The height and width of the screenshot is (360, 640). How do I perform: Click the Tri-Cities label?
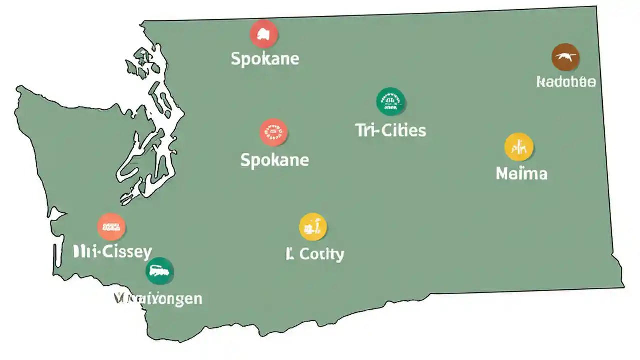coord(390,131)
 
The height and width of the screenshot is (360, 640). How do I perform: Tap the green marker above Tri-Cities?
coord(390,101)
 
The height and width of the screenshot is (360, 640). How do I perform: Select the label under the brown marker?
coord(566,82)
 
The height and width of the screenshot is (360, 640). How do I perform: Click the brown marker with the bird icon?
coord(566,57)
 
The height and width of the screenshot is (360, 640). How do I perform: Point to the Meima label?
coord(521,174)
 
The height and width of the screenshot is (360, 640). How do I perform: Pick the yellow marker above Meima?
coord(519,147)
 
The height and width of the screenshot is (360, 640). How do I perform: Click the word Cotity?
coord(322,254)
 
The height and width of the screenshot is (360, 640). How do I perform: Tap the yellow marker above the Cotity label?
coord(313,227)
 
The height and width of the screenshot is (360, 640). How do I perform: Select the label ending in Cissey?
coord(112,251)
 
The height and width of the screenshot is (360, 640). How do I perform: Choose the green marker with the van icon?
coord(160,271)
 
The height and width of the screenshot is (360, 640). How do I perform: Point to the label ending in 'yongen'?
coord(158,299)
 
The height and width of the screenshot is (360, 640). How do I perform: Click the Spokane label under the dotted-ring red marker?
coord(274,160)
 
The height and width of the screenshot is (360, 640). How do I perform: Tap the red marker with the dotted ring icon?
coord(274,132)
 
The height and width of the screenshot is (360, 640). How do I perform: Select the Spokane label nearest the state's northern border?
coord(265,59)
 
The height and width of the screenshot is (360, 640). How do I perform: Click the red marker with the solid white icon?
coord(264,34)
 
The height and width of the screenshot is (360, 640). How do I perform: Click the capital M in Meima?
coord(503,174)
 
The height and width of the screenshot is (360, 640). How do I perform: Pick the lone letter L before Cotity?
coord(289,254)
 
